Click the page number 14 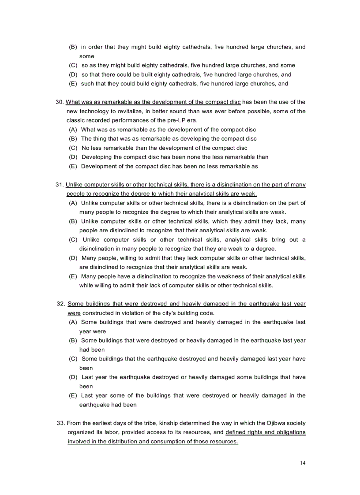[302, 463]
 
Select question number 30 [60, 102]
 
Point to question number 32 [61, 304]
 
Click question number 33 [61, 423]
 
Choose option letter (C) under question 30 [73, 148]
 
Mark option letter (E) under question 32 [73, 395]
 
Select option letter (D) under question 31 [73, 258]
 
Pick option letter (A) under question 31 [73, 203]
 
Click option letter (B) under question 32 [73, 340]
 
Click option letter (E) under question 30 [73, 166]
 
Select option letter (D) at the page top [73, 74]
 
